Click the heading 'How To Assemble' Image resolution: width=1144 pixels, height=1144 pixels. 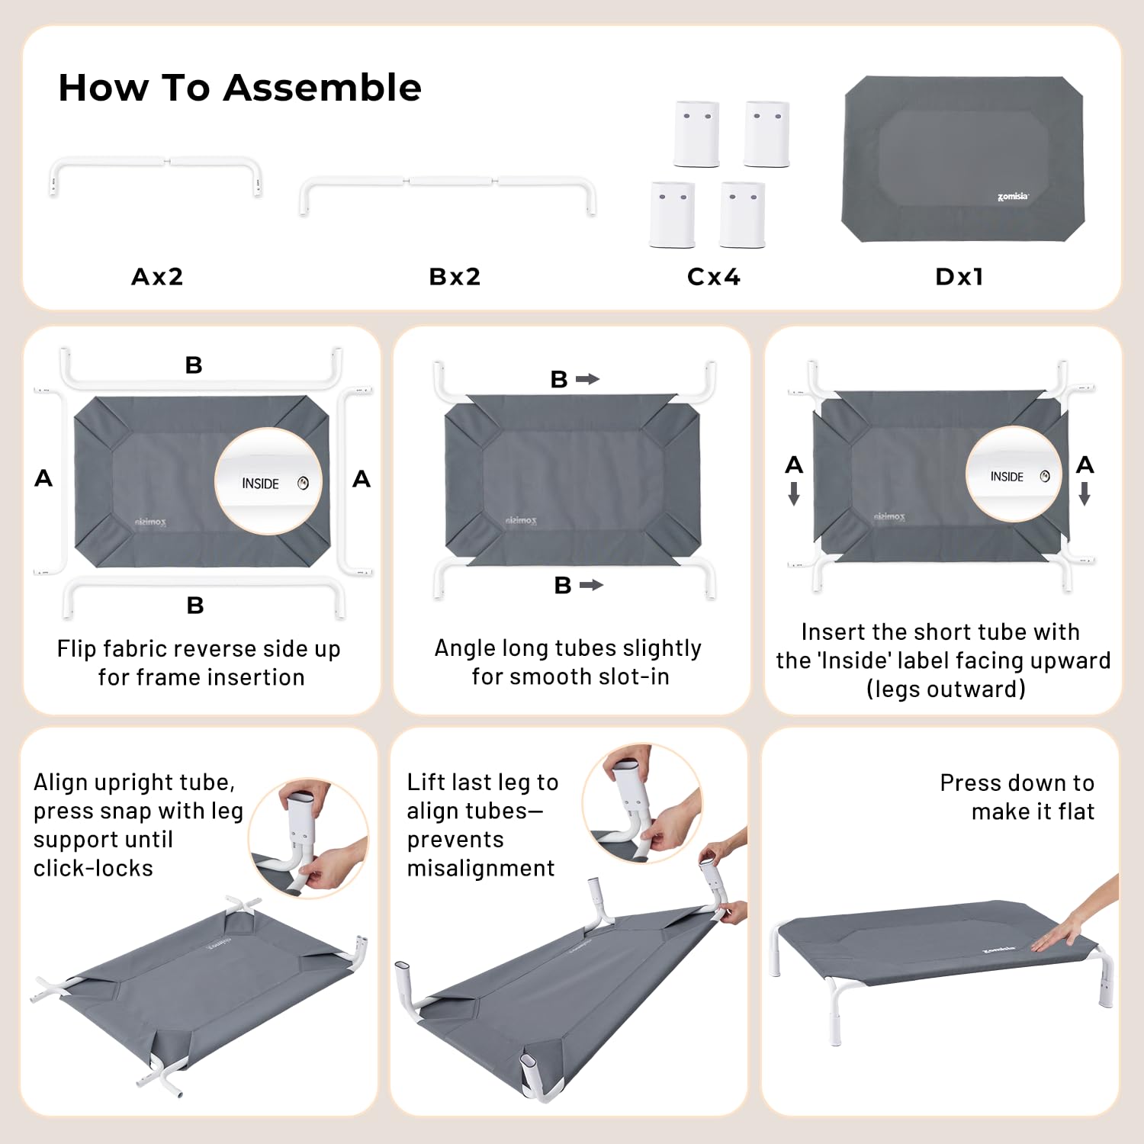239,88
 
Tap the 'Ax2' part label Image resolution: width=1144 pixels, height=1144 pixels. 157,276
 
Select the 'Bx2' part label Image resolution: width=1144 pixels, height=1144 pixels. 455,276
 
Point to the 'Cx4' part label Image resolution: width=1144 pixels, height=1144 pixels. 713,276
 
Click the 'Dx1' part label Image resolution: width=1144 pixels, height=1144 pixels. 959,276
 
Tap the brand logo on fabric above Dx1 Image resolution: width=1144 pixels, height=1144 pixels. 1013,197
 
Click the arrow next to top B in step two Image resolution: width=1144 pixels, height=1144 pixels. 587,379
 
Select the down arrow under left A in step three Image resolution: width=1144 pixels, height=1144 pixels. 794,493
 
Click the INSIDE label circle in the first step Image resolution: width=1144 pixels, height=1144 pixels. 268,481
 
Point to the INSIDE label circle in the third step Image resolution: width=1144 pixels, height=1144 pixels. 1014,474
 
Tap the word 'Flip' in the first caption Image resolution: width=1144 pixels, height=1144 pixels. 76,648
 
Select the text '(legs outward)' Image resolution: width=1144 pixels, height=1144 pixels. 946,689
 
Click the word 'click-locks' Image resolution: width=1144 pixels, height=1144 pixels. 93,868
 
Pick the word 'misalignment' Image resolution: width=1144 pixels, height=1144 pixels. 480,868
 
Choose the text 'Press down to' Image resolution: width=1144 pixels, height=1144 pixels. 1017,782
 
